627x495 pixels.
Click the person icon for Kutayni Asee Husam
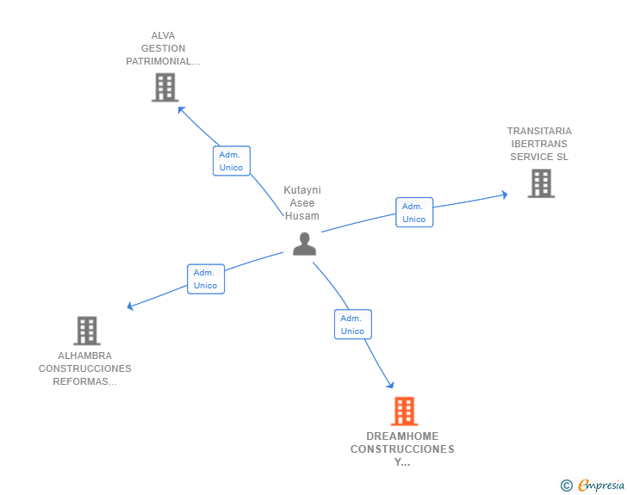[x=304, y=244]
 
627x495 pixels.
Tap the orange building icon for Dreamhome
[x=404, y=411]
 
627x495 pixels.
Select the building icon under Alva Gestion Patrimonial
[x=165, y=88]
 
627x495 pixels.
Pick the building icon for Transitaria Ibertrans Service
[x=541, y=183]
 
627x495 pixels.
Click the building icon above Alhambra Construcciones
[x=87, y=331]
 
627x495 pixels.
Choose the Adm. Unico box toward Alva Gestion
[x=232, y=161]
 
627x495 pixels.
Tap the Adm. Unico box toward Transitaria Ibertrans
[x=414, y=213]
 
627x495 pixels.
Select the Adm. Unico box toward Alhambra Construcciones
[x=206, y=279]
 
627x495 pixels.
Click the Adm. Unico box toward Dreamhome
[x=353, y=325]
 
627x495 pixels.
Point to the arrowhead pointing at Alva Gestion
[x=181, y=109]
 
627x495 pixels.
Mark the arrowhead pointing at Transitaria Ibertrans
[x=505, y=195]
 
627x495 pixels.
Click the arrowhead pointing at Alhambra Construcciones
[x=129, y=306]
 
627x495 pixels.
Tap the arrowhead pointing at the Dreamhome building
[x=391, y=385]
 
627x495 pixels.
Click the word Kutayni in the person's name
[x=302, y=190]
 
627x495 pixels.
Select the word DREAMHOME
[x=402, y=436]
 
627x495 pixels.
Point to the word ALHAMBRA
[x=84, y=356]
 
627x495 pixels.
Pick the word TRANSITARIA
[x=539, y=131]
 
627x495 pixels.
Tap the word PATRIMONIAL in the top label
[x=158, y=61]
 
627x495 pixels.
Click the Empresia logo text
[x=601, y=486]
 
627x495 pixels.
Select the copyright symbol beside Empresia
[x=566, y=486]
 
